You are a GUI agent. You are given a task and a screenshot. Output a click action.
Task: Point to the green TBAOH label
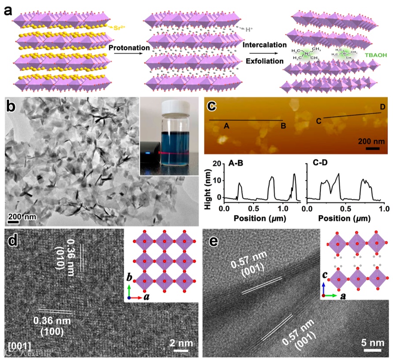coord(376,56)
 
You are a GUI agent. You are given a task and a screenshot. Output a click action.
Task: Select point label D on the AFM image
coord(383,107)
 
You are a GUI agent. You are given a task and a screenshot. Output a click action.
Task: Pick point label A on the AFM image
coord(227,126)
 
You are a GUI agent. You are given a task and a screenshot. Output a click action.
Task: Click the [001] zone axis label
coord(19,345)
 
